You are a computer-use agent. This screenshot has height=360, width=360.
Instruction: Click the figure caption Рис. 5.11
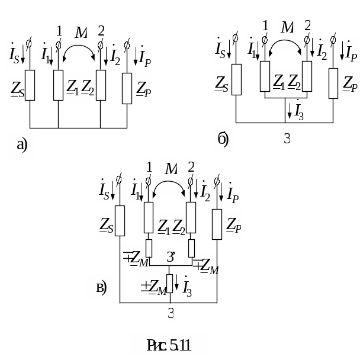168,345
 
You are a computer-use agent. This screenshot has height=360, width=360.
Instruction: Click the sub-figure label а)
21,144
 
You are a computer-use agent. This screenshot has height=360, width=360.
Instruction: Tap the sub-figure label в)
101,288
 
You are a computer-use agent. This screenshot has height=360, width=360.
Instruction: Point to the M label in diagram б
287,27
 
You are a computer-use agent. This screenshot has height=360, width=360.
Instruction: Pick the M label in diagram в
171,169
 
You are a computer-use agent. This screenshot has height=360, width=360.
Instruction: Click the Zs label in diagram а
17,89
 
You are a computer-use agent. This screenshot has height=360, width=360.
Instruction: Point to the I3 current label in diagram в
186,288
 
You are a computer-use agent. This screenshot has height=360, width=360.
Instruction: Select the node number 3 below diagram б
287,139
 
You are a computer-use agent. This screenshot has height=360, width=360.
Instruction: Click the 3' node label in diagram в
171,257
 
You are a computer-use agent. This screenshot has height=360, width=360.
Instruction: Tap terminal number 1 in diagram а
58,29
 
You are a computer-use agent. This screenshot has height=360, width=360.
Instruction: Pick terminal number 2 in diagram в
190,166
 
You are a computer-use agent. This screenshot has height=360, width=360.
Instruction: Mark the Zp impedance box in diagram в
217,223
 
